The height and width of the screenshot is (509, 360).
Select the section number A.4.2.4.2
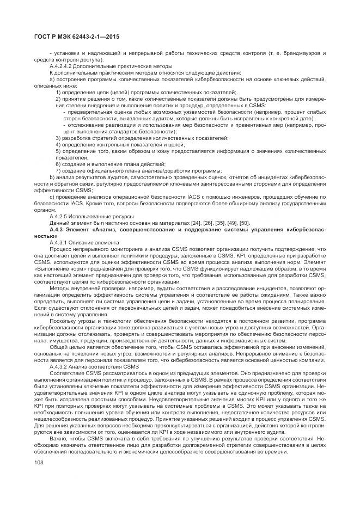pos(63,66)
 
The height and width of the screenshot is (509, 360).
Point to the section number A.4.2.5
pos(60,216)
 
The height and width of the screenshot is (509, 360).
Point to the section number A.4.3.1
pos(60,242)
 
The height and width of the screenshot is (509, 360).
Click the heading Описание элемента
pos(98,242)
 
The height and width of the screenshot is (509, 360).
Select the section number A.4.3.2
pos(60,366)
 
